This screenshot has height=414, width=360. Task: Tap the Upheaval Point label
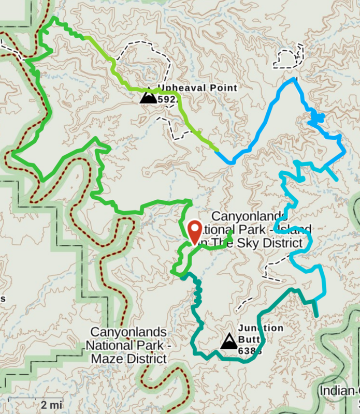(197, 87)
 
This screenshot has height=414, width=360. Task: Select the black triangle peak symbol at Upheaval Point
(148, 96)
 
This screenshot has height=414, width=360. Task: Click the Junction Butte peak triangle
(228, 342)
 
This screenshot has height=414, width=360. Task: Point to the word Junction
(261, 328)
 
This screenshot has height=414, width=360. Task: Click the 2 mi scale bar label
(52, 404)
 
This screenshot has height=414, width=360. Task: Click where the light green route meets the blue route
(218, 150)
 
